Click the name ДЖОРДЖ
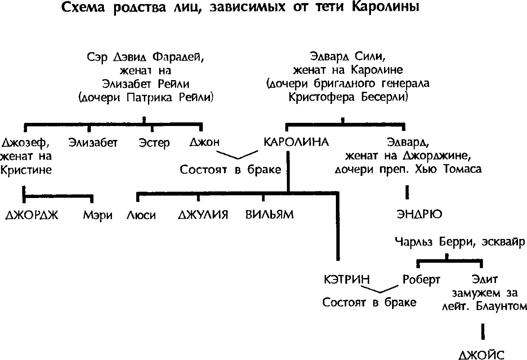[31, 215]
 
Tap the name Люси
[143, 215]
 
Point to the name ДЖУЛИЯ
[205, 215]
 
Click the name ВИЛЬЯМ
[270, 215]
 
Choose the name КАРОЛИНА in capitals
[297, 143]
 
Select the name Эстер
[154, 143]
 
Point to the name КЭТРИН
[347, 279]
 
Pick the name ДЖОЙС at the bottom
[482, 353]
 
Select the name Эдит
[483, 279]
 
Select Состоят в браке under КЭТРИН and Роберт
[370, 302]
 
